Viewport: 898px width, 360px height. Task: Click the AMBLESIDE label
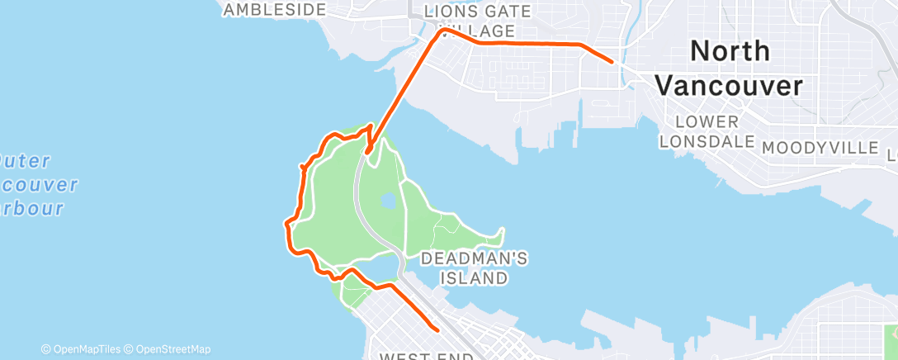(275, 10)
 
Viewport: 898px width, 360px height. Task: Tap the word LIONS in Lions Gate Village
(451, 12)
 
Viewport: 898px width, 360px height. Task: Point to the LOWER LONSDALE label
(707, 131)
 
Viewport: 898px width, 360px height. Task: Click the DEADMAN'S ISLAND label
(475, 268)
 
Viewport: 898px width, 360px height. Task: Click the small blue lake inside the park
(388, 201)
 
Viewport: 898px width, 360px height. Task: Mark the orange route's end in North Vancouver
(612, 61)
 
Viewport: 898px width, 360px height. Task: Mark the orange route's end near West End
(437, 329)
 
